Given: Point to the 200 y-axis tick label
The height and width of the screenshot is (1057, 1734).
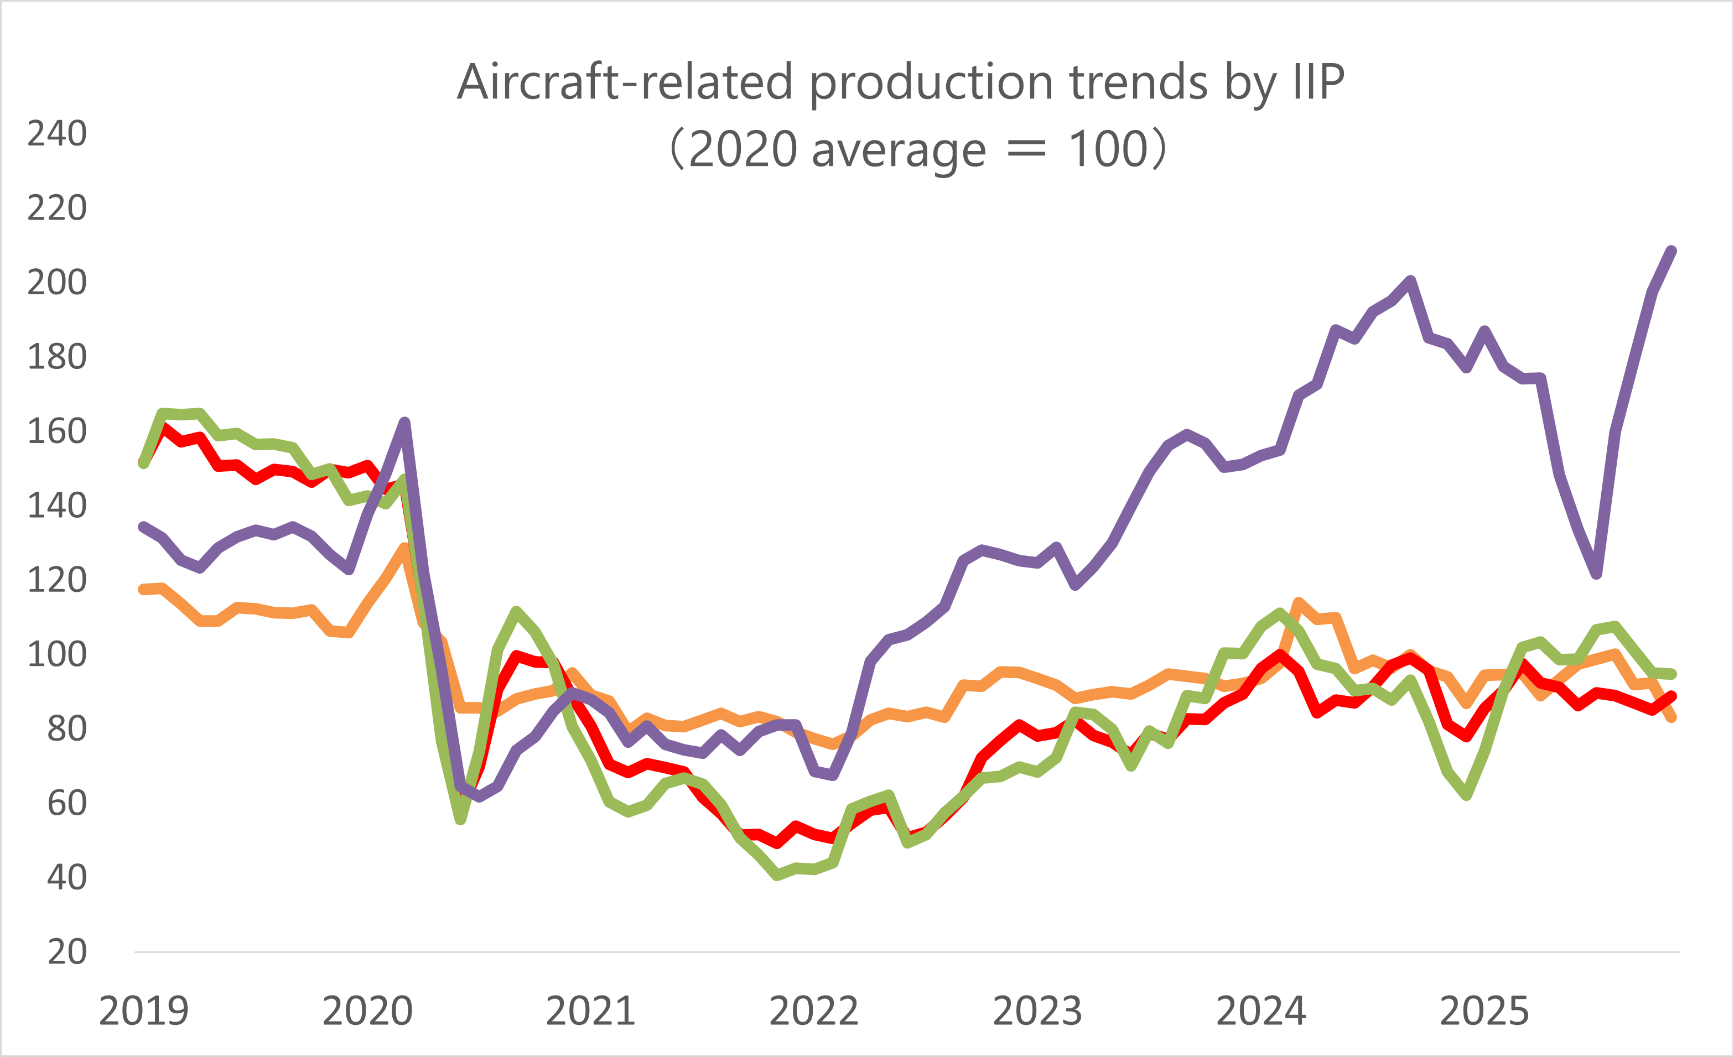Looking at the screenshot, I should [57, 282].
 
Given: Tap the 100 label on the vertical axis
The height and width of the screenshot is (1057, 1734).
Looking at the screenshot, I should [57, 654].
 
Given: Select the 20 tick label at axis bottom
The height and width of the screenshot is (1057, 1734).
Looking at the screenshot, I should [67, 951].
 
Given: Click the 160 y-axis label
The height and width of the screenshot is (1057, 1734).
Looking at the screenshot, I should [57, 431].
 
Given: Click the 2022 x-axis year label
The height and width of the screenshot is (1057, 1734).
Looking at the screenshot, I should [814, 1011].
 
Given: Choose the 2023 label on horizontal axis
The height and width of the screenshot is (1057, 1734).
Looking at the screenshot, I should [1037, 1011].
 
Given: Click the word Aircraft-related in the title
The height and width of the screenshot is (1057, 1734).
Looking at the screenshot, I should [626, 82].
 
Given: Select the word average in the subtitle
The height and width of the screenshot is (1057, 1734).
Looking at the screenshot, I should [899, 150].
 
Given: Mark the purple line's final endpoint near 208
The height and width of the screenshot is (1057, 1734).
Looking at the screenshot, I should [1672, 251].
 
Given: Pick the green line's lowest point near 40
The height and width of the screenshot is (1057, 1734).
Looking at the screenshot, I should [777, 876].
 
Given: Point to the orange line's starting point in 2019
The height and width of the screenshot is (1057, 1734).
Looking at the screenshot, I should [143, 590].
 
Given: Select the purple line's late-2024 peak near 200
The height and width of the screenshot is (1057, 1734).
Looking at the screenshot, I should [1411, 282].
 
